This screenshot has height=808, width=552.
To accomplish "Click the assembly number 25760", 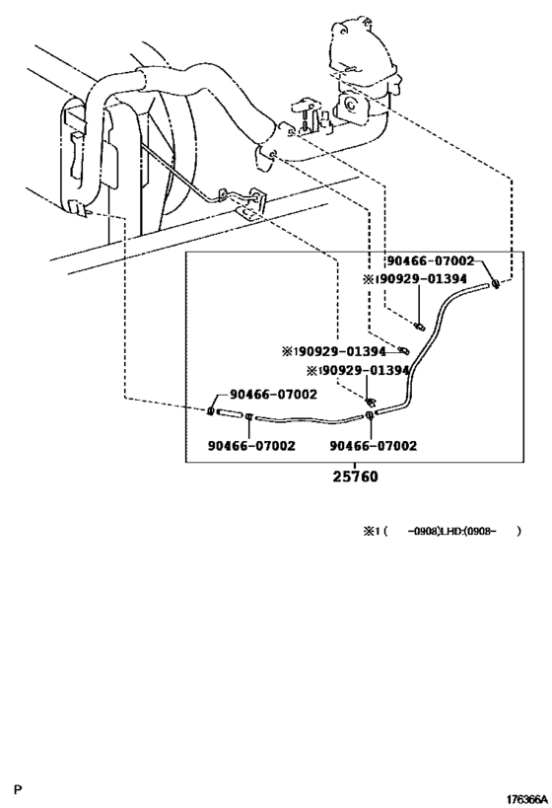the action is (x=355, y=477).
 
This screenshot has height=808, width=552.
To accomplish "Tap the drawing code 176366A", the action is (x=526, y=799).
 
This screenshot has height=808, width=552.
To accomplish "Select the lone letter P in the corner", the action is (x=18, y=789).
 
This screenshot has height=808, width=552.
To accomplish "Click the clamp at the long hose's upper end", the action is (x=496, y=283).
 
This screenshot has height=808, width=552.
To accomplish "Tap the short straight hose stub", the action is (x=230, y=412).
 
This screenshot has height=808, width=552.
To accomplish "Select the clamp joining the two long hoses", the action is (x=370, y=415).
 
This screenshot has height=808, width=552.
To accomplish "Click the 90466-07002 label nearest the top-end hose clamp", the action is (x=431, y=261).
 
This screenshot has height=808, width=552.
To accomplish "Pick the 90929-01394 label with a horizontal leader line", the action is (x=334, y=351).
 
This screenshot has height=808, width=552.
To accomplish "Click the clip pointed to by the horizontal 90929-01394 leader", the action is (x=404, y=351).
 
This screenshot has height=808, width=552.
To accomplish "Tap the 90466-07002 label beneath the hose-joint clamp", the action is (x=374, y=446).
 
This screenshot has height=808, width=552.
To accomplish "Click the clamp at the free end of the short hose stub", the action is (x=211, y=410).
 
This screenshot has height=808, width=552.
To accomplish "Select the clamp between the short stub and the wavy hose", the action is (x=248, y=416).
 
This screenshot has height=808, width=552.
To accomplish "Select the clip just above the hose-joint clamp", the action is (x=369, y=401).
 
